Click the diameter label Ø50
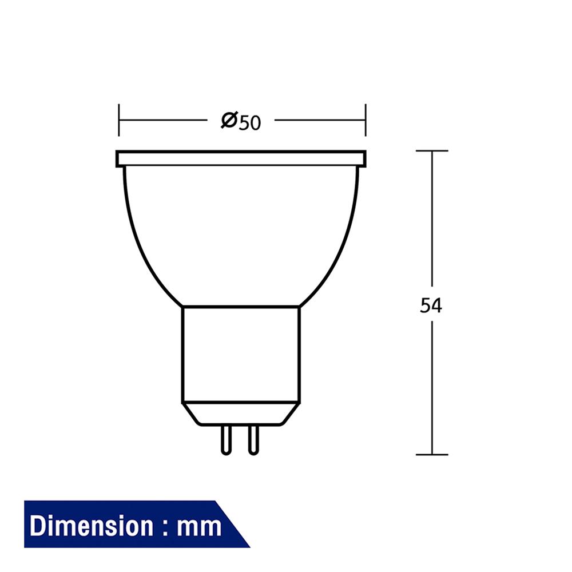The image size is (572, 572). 241,121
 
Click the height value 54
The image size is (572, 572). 431,306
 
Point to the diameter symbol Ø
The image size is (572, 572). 229,121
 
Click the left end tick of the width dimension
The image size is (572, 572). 119,121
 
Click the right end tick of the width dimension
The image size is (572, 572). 366,121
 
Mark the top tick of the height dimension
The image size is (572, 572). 432,151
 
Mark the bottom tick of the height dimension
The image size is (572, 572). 432,455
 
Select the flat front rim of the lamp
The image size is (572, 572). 240,158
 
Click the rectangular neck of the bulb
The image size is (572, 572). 241,355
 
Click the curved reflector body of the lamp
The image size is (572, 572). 241,235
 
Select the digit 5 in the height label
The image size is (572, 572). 426,306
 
